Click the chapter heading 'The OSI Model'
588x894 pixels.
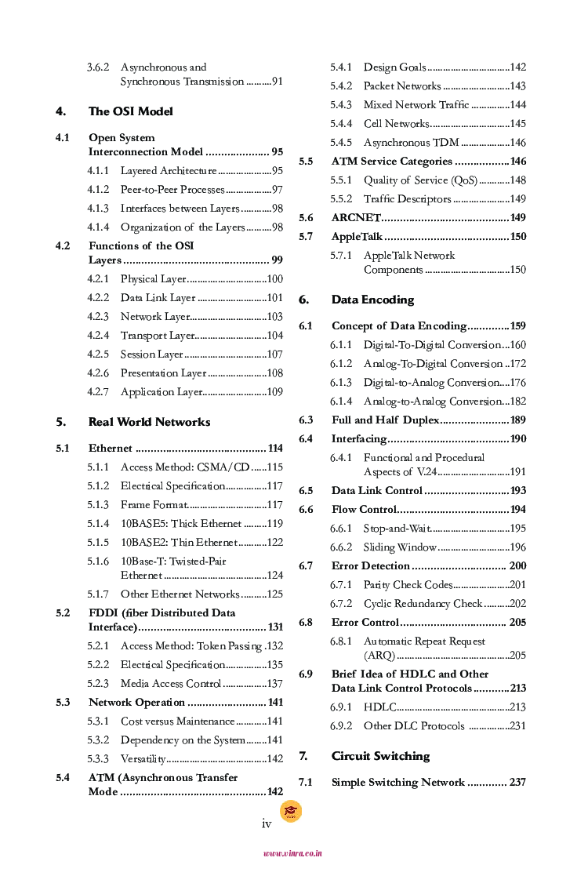pyautogui.click(x=130, y=111)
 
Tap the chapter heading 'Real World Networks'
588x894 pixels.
pyautogui.click(x=149, y=422)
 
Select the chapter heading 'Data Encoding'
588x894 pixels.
pyautogui.click(x=372, y=300)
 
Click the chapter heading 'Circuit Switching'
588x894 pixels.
pyautogui.click(x=380, y=756)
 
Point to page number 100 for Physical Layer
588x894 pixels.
pyautogui.click(x=274, y=279)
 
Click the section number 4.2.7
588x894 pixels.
pyautogui.click(x=98, y=392)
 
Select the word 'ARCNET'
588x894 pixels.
pyautogui.click(x=356, y=218)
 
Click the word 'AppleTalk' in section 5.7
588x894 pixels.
pyautogui.click(x=357, y=237)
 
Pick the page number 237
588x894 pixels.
pyautogui.click(x=517, y=783)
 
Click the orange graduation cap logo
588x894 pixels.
pyautogui.click(x=291, y=811)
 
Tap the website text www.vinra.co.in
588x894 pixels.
pyautogui.click(x=292, y=853)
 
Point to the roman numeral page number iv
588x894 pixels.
pyautogui.click(x=267, y=824)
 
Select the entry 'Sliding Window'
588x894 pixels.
pyautogui.click(x=400, y=547)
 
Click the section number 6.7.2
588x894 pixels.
pyautogui.click(x=341, y=604)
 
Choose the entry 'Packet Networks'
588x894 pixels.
pyautogui.click(x=402, y=86)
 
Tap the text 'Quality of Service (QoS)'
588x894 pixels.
pyautogui.click(x=420, y=180)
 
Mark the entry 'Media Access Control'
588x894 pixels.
pyautogui.click(x=171, y=684)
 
